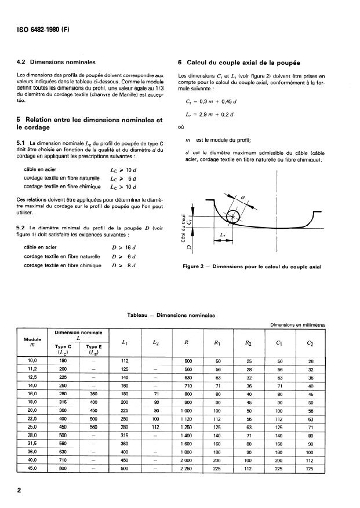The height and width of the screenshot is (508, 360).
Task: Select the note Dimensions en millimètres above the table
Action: (x=297, y=325)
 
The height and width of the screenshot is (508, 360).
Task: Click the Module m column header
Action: (x=33, y=343)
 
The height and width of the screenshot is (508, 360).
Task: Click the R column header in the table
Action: (x=186, y=343)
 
